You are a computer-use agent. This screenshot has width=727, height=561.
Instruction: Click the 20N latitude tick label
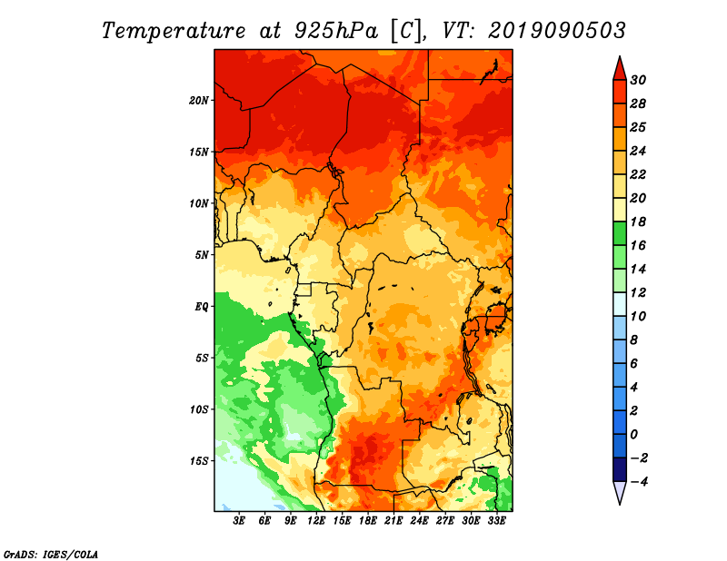199,100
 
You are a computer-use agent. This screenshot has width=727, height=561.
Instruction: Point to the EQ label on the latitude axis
202,307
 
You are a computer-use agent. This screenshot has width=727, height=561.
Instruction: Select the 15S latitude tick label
199,461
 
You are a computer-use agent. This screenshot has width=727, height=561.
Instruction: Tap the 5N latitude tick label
202,255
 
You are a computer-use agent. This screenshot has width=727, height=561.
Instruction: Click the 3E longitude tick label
240,521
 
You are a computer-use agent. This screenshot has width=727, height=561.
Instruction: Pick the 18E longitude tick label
369,521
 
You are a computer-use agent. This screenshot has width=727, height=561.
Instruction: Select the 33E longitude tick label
498,521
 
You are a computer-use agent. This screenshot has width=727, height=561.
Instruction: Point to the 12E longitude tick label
317,521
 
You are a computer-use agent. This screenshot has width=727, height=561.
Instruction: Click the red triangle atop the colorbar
618,67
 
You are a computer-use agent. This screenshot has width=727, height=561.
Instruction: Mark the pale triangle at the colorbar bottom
618,493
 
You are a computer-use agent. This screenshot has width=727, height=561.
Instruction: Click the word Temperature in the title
165,30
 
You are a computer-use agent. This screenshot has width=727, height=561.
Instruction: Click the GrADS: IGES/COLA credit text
51,553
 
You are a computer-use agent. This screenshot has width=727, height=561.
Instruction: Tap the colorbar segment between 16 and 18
618,233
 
